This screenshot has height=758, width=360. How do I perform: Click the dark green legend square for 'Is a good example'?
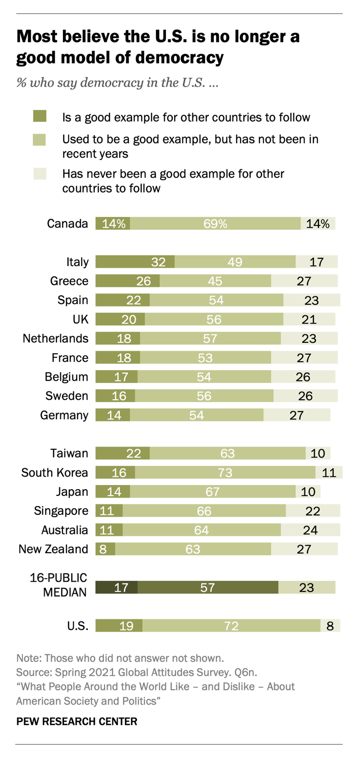[40, 116]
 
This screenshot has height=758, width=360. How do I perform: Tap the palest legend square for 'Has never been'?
[40, 174]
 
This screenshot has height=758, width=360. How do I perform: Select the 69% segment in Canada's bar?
[215, 224]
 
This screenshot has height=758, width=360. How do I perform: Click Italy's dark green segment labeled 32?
[135, 262]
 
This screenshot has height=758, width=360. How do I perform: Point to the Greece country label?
[69, 281]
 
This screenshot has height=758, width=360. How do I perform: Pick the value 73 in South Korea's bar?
[225, 473]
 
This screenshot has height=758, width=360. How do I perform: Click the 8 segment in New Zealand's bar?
[105, 549]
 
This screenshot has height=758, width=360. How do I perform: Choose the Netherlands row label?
[56, 338]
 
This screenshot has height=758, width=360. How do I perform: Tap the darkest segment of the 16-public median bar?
[116, 587]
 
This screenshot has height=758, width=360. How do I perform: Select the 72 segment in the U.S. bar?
[231, 626]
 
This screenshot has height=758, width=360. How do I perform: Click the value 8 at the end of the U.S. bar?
[330, 626]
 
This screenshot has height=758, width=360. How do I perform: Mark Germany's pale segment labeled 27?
[297, 415]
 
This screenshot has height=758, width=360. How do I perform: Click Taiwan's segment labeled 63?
[227, 454]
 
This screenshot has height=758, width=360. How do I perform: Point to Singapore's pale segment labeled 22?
[313, 511]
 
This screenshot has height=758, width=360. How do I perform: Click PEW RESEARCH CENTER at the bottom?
[77, 721]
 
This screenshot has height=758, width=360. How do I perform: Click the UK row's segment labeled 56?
[214, 319]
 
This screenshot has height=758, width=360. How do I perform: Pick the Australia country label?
[64, 530]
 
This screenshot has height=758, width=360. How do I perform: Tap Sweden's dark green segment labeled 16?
[115, 396]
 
